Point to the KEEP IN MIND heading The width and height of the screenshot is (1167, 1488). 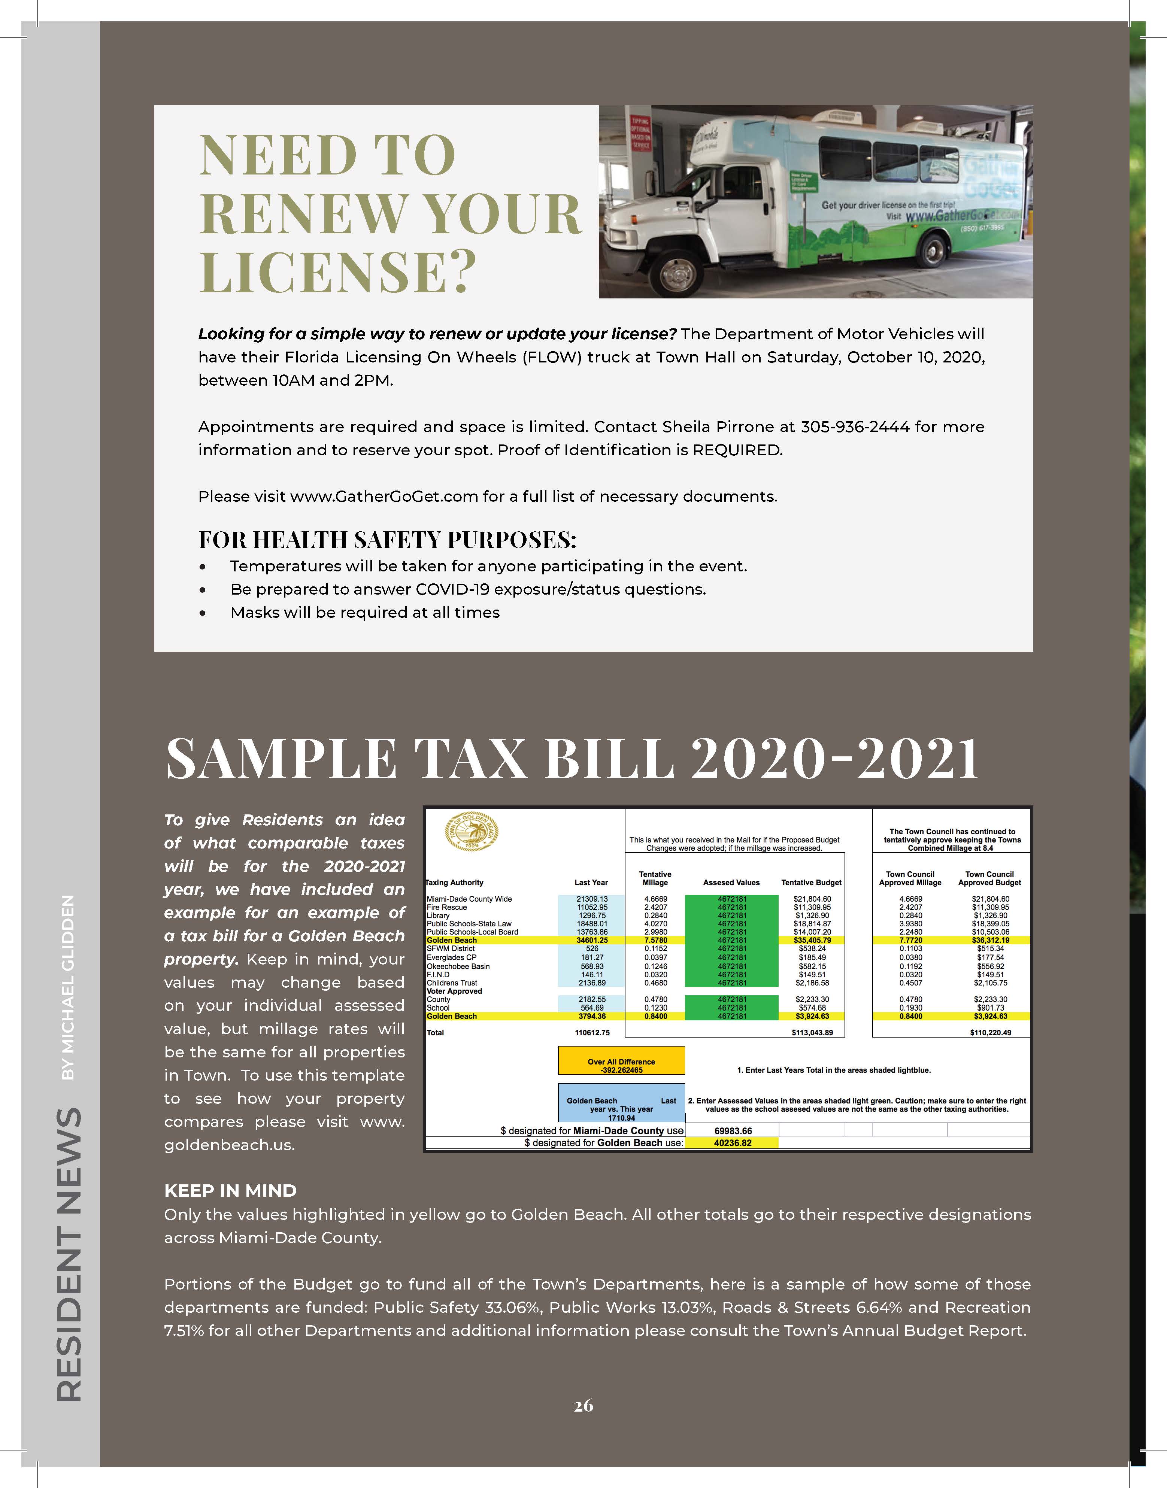230,1191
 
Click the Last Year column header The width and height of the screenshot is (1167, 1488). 591,883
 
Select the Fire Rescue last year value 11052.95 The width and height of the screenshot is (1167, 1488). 592,907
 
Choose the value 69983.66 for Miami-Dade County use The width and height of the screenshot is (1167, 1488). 733,1131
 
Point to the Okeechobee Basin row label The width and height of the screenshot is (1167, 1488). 458,966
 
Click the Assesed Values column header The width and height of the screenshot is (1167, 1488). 731,883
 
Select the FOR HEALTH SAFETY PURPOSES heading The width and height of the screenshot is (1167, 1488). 387,540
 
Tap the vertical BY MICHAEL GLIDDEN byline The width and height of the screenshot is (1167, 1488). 68,987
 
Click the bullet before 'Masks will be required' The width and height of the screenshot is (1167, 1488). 202,613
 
